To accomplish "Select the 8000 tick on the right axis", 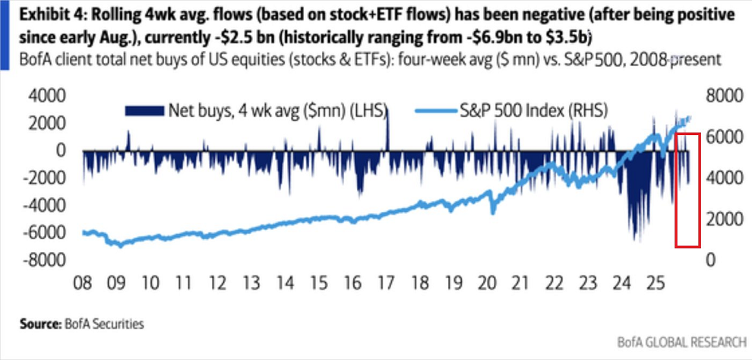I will point(723,96).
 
